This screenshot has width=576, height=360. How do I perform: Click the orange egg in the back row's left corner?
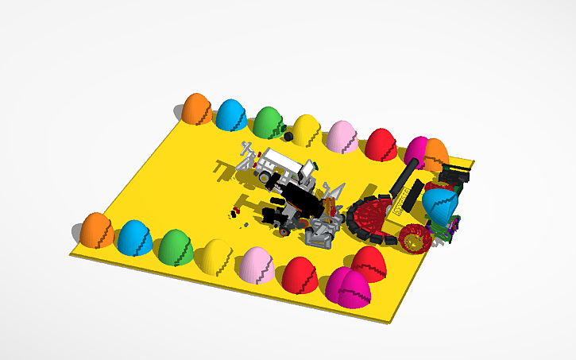[x=196, y=109]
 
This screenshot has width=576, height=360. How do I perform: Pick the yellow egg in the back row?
[x=306, y=130]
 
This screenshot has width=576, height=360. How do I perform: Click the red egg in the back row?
[x=381, y=144]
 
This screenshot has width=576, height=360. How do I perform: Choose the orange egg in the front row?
[x=96, y=230]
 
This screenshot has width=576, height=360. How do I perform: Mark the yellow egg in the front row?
[x=215, y=256]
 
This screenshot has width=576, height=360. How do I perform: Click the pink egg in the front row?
[x=257, y=265]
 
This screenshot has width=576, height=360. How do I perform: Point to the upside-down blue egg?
[x=439, y=203]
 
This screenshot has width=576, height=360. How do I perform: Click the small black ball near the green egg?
[x=288, y=137]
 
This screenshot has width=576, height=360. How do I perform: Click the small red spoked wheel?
[x=414, y=237]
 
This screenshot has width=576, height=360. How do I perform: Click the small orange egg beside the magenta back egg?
[x=436, y=153]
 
